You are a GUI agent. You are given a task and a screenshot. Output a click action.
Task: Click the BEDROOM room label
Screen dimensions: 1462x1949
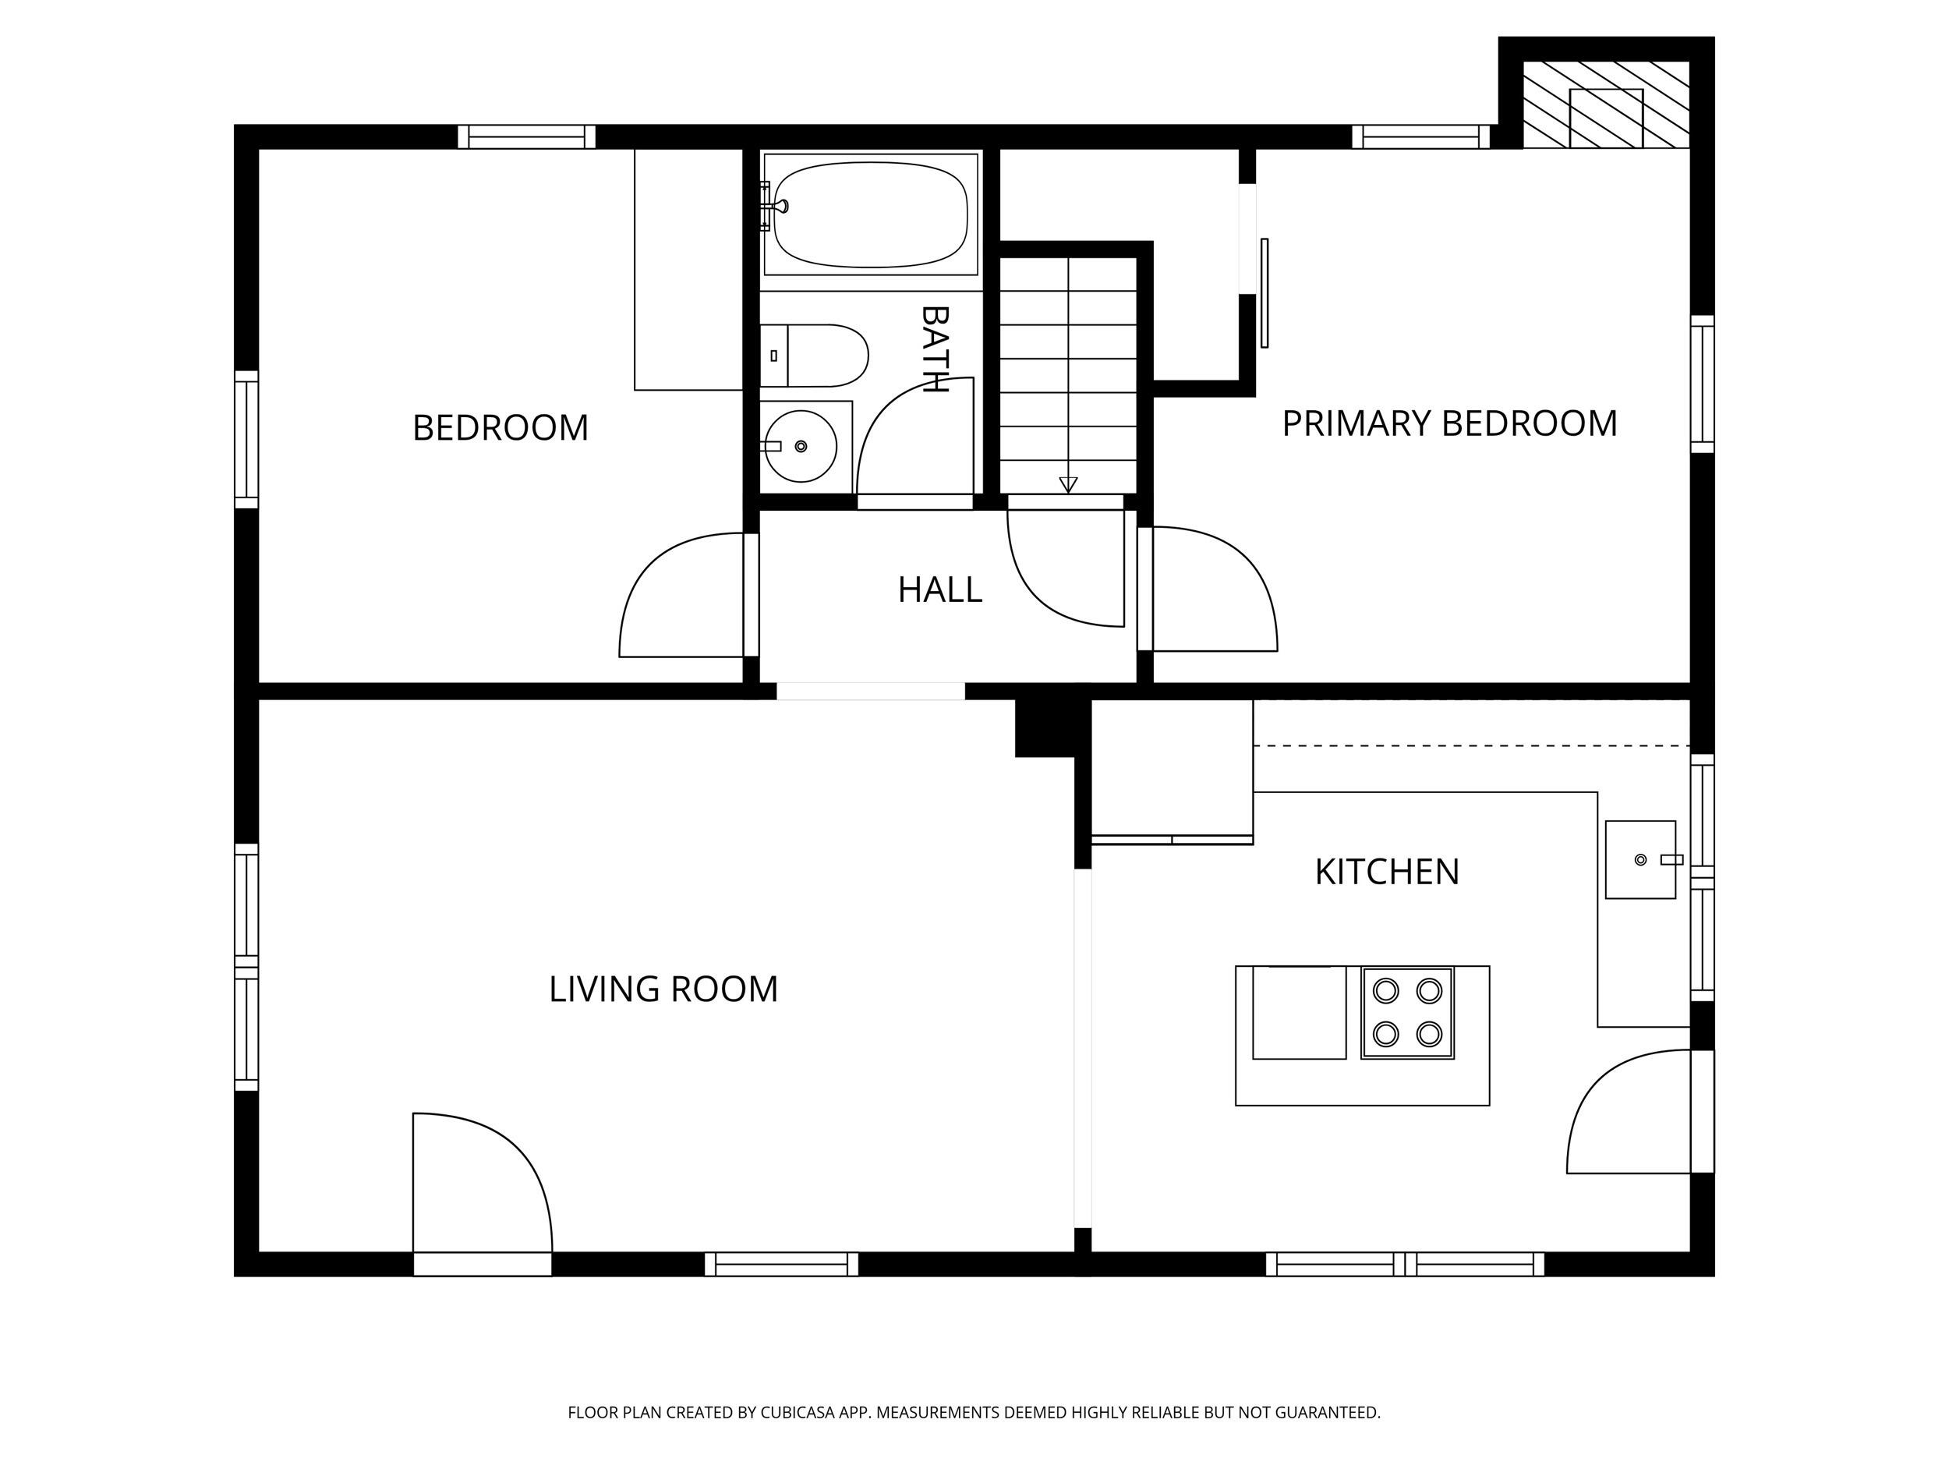click(x=501, y=428)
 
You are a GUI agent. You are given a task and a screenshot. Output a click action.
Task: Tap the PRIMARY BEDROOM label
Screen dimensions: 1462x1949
click(x=1448, y=424)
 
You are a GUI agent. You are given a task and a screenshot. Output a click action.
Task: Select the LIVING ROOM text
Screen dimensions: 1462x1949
click(x=663, y=989)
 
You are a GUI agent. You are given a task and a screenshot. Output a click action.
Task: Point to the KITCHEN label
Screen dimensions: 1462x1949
click(x=1387, y=873)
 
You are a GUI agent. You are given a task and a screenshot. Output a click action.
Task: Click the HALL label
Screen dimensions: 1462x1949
click(x=939, y=590)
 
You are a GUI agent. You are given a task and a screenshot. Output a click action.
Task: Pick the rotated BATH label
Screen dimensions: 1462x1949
click(x=934, y=349)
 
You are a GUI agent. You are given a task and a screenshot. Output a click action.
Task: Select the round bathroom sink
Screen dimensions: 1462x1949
click(x=800, y=446)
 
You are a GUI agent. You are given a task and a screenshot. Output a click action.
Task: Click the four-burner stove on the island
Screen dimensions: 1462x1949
click(x=1407, y=1013)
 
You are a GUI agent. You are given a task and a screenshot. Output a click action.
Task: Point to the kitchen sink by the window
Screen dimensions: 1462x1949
click(x=1639, y=859)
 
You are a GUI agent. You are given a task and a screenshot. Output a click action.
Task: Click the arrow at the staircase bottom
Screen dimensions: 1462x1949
click(x=1068, y=483)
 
